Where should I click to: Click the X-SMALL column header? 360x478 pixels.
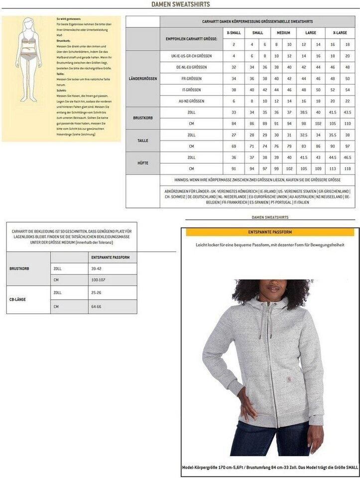pos(234,32)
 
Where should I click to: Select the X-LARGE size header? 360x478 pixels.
pos(339,32)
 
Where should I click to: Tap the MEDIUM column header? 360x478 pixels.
pos(283,32)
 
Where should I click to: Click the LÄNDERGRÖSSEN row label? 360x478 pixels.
pos(142,78)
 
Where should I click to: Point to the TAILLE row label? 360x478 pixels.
pos(142,141)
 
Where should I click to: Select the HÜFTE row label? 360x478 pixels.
pos(142,163)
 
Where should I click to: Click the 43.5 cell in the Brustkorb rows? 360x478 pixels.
pos(347,113)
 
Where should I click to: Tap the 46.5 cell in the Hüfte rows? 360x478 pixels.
pos(347,157)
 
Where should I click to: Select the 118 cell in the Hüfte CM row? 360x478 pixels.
pos(347,169)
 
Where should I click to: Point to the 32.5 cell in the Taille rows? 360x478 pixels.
pos(303,135)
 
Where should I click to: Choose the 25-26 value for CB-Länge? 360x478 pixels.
pos(96,292)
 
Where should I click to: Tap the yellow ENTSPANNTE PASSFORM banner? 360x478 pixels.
pos(269,232)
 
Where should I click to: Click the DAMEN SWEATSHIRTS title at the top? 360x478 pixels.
pos(180,4)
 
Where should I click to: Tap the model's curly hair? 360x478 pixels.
pos(272,289)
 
